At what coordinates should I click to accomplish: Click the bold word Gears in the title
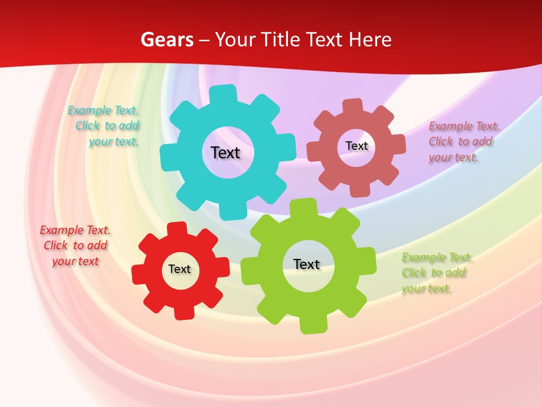(x=166, y=40)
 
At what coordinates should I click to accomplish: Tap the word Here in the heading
(x=369, y=40)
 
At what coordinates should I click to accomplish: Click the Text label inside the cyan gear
(x=225, y=153)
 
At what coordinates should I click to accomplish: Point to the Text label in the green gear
(x=307, y=264)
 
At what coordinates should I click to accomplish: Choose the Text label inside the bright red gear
(x=180, y=269)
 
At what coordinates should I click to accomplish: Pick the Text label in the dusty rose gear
(x=357, y=146)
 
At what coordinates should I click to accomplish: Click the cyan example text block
(x=104, y=126)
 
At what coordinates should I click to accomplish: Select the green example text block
(x=437, y=273)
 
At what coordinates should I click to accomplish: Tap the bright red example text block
(x=75, y=246)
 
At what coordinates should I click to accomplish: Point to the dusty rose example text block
(x=464, y=141)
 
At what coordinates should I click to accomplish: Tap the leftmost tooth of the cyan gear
(x=168, y=158)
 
